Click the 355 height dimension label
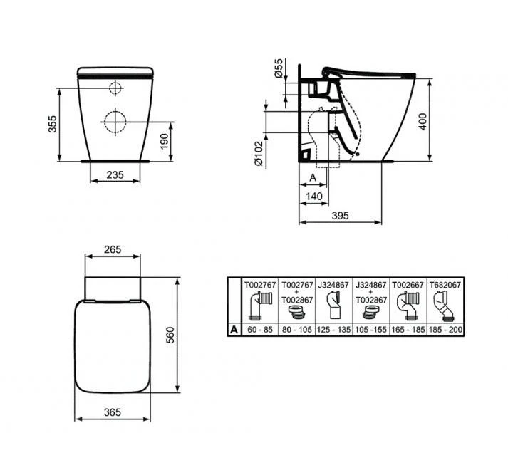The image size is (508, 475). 51,126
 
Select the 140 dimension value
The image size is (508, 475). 313,197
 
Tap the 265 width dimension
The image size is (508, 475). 112,250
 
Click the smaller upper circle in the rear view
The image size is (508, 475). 115,88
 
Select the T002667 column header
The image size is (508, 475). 408,283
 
